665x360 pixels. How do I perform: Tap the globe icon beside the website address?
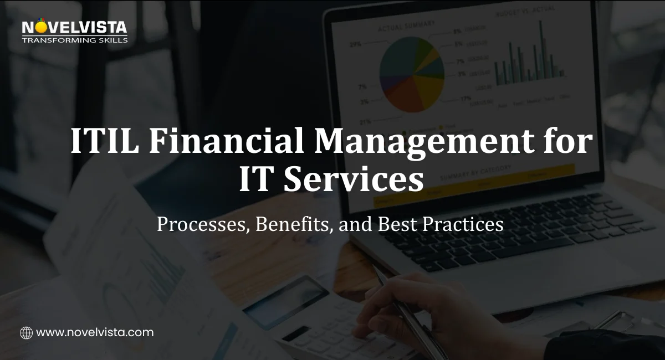[26, 333]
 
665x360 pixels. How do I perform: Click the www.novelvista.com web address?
[95, 333]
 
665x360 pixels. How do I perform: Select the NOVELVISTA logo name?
[74, 27]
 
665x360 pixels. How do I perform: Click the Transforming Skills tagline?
[74, 40]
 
